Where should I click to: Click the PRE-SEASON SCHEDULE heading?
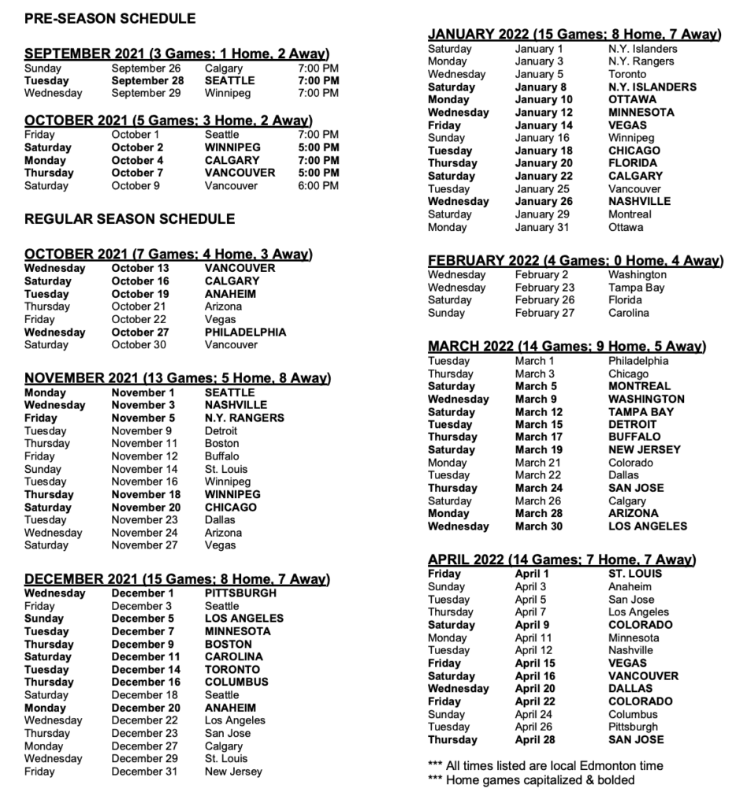pyautogui.click(x=110, y=18)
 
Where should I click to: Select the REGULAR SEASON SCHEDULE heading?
pyautogui.click(x=129, y=218)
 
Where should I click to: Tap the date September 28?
pyautogui.click(x=147, y=80)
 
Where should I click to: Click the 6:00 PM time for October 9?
pyautogui.click(x=318, y=186)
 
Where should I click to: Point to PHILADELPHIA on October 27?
pyautogui.click(x=245, y=332)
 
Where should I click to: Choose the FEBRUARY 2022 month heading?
pyautogui.click(x=574, y=261)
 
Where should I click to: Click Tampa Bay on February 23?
pyautogui.click(x=636, y=288)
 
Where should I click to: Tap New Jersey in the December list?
pyautogui.click(x=233, y=772)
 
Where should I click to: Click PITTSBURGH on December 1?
pyautogui.click(x=240, y=593)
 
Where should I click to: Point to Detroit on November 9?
pyautogui.click(x=223, y=431)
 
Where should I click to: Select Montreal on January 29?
pyautogui.click(x=630, y=214)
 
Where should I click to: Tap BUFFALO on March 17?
pyautogui.click(x=634, y=437)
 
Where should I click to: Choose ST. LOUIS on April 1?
pyautogui.click(x=635, y=574)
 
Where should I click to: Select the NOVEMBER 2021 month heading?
pyautogui.click(x=177, y=378)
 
